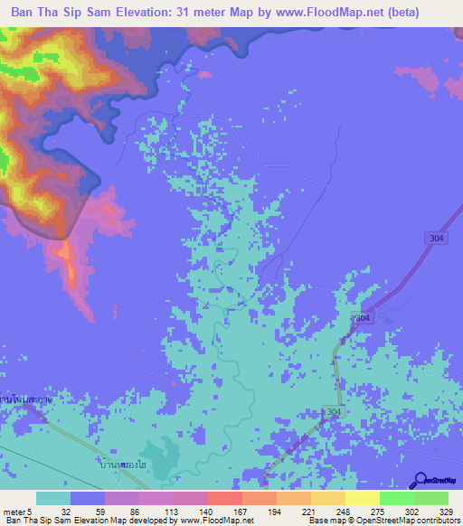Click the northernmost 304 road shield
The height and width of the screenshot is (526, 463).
pos(435,237)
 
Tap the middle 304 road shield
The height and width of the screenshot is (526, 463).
pos(362,319)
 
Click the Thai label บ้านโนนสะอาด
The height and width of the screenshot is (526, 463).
pos(24,398)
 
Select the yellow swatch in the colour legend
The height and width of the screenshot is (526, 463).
pos(363,498)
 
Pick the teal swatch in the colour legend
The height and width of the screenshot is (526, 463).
pos(53,498)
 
